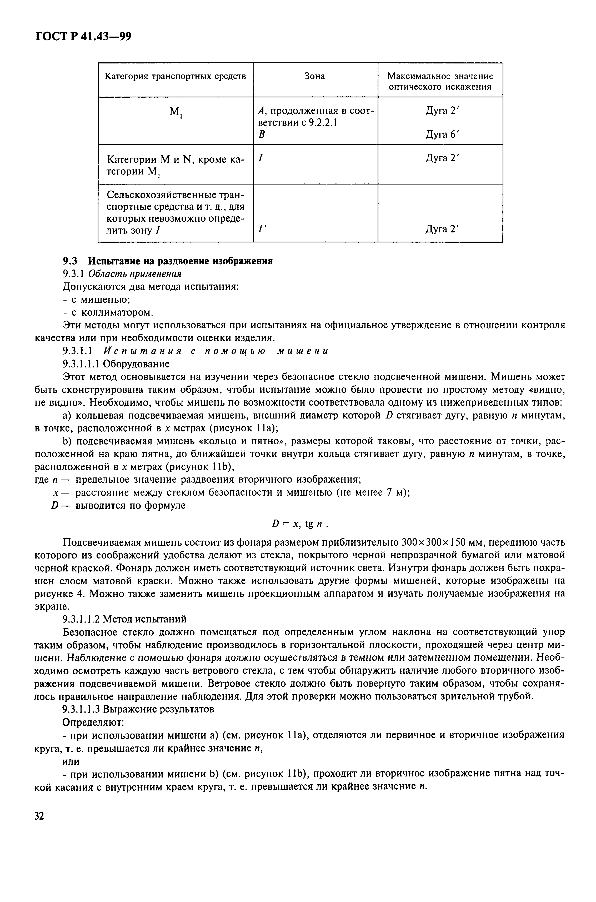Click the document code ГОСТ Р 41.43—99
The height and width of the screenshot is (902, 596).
pyautogui.click(x=83, y=37)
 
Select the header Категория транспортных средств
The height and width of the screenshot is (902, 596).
pyautogui.click(x=176, y=76)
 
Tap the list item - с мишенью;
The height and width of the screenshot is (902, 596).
pyautogui.click(x=97, y=300)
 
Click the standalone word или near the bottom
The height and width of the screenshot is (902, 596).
pyautogui.click(x=71, y=761)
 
